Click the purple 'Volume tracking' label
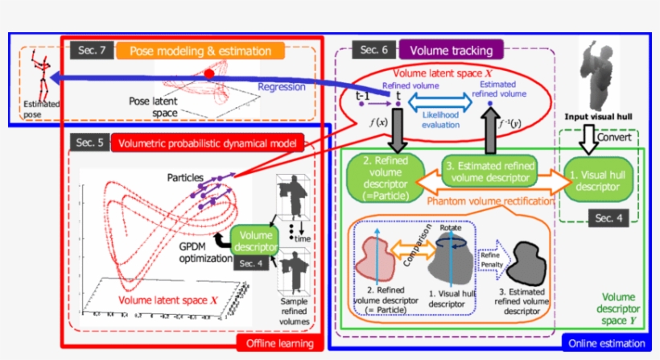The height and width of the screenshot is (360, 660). [x=452, y=50]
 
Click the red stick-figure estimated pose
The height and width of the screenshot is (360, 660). [x=33, y=77]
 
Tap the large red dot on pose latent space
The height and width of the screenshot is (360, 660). [x=209, y=74]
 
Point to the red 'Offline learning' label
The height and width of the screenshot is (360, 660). [x=278, y=341]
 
